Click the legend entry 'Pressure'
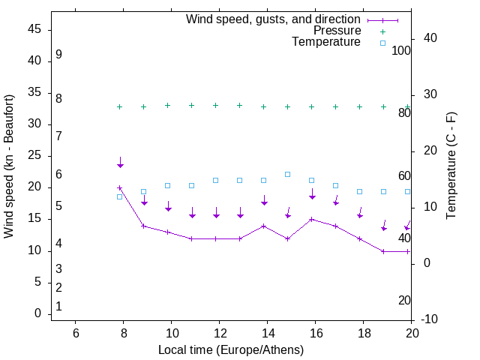[x=337, y=31]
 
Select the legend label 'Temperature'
[x=326, y=42]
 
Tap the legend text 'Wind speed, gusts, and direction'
[x=273, y=19]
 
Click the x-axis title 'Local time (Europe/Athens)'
[x=231, y=349]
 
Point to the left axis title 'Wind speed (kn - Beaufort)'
[x=9, y=166]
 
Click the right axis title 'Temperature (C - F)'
[x=451, y=166]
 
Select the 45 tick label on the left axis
[x=34, y=30]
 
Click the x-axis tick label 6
[x=76, y=333]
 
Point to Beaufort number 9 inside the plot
[x=58, y=55]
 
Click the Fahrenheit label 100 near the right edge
[x=401, y=50]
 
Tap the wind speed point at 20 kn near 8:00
[x=120, y=188]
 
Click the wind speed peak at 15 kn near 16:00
[x=312, y=219]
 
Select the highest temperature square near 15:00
[x=288, y=174]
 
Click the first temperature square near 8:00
[x=120, y=196]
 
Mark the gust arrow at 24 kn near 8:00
[x=120, y=163]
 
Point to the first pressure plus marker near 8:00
[x=120, y=106]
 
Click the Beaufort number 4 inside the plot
[x=58, y=244]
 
